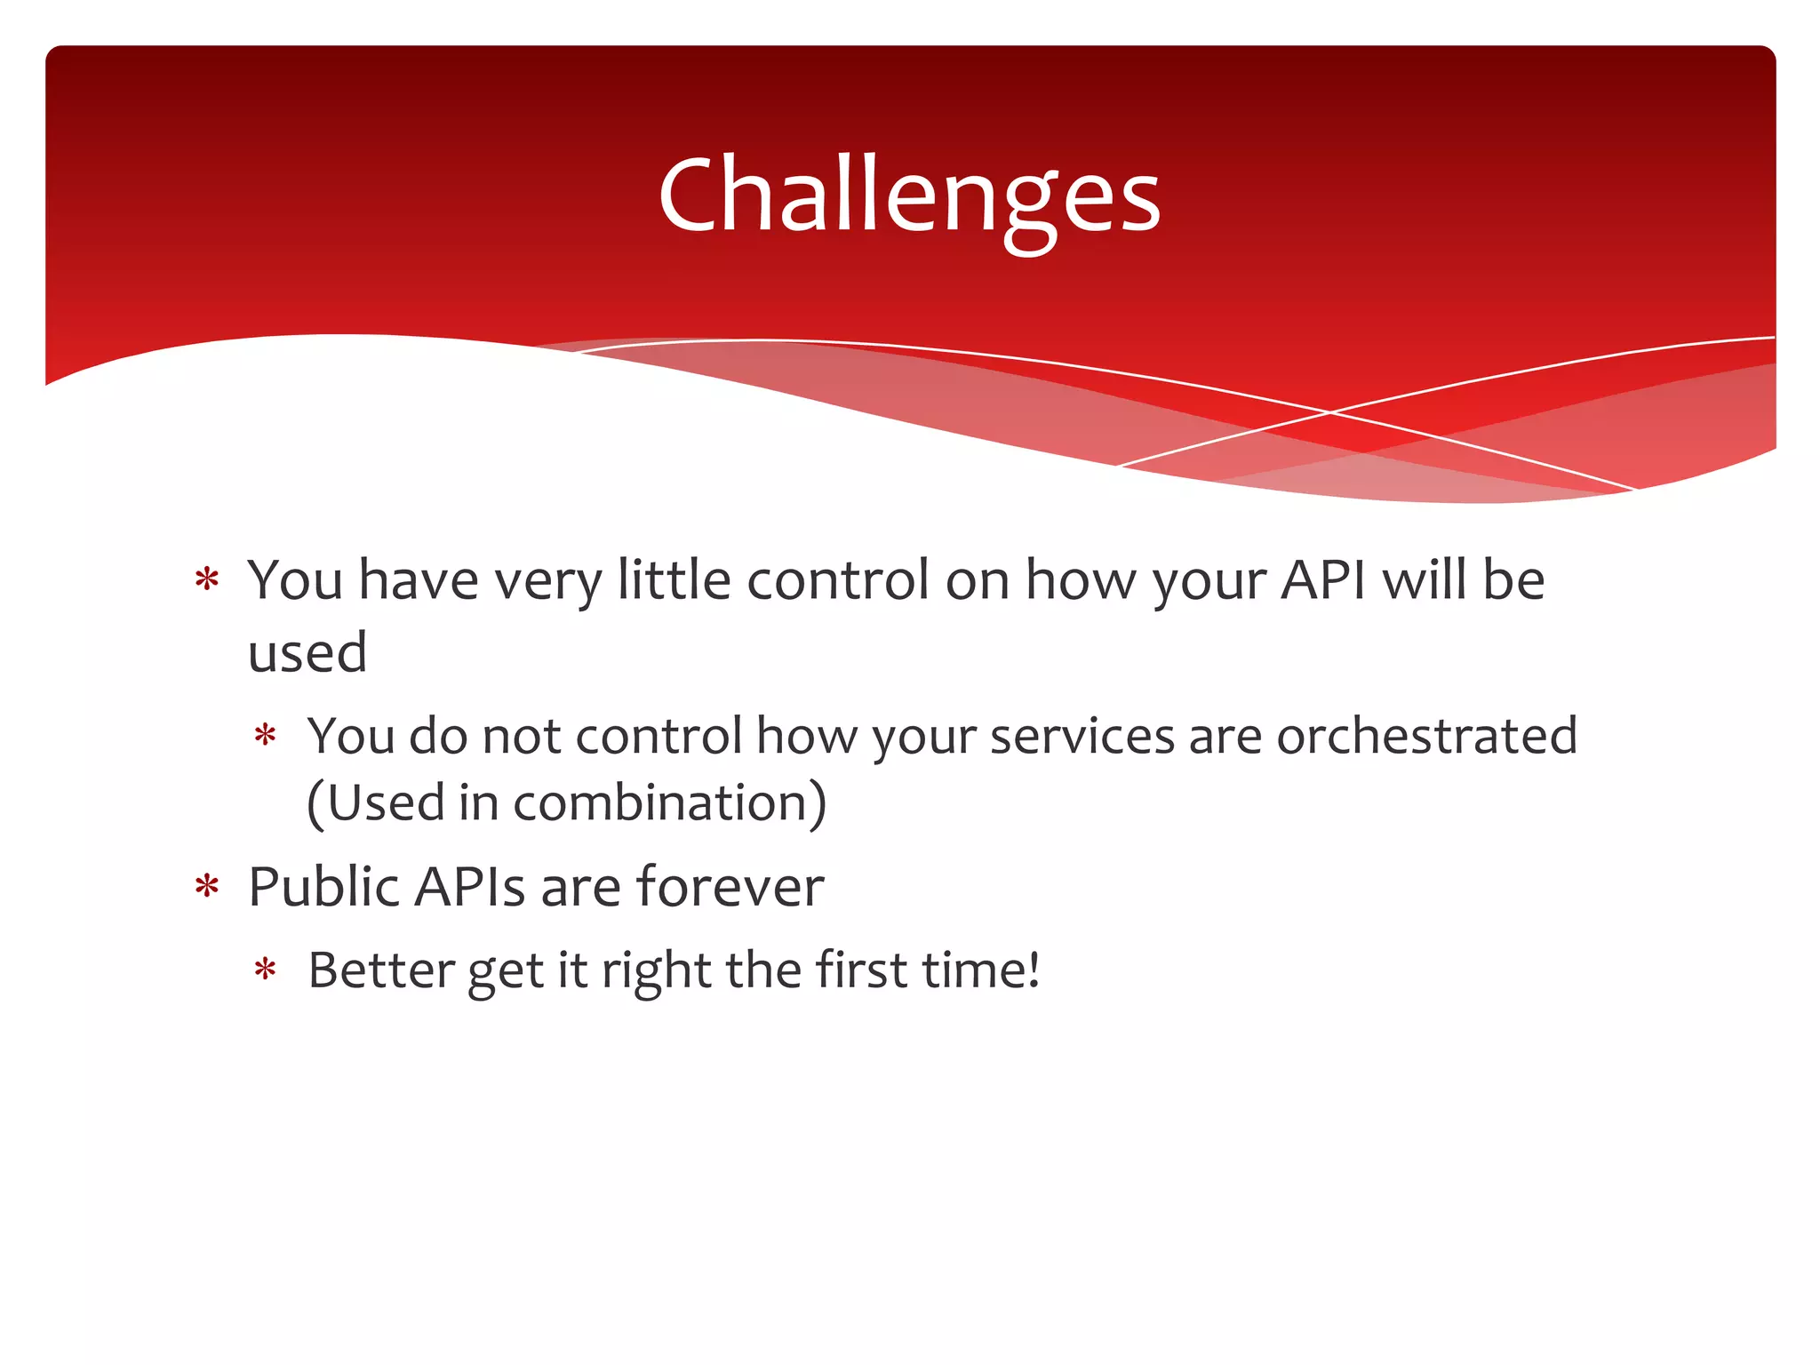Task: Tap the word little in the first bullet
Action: click(x=675, y=580)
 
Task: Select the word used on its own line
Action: click(x=307, y=652)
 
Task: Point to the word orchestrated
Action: click(x=1426, y=736)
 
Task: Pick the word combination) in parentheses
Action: click(x=670, y=802)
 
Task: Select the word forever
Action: click(x=730, y=887)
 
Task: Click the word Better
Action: click(x=381, y=970)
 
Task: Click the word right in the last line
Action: click(x=656, y=970)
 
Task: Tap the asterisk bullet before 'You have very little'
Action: click(x=207, y=580)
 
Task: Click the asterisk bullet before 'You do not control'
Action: click(x=265, y=736)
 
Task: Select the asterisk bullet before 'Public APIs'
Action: click(x=207, y=887)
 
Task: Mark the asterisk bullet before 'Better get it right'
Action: click(x=265, y=970)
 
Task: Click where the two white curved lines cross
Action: click(x=1330, y=412)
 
